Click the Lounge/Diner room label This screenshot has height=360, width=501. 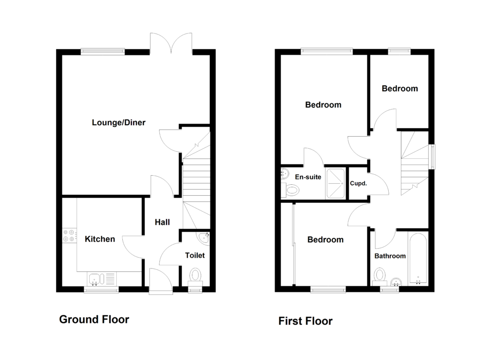point(119,123)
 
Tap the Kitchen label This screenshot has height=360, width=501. point(100,239)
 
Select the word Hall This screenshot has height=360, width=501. point(162,222)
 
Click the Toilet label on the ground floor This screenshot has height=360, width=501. point(195,255)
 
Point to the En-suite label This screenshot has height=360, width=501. point(308,177)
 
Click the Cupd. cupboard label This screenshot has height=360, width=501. point(358,183)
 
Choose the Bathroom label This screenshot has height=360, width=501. point(390,256)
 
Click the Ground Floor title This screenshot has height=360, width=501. point(94,319)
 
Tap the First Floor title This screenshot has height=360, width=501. point(306,321)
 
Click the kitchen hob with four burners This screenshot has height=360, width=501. point(70,235)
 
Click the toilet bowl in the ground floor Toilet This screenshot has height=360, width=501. point(195,275)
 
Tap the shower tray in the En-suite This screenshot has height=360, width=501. point(335,183)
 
